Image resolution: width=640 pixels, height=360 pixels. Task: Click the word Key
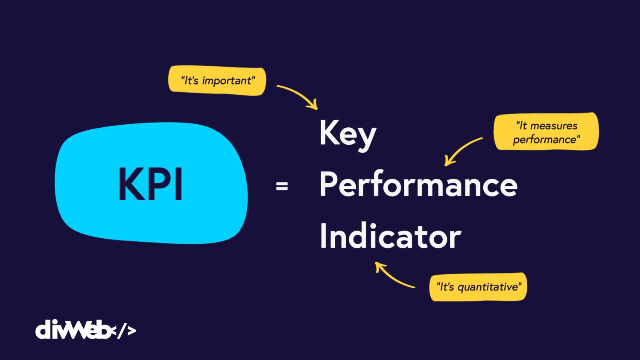pyautogui.click(x=348, y=136)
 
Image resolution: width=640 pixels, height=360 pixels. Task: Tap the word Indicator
pyautogui.click(x=391, y=235)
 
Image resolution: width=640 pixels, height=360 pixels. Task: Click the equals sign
pyautogui.click(x=282, y=186)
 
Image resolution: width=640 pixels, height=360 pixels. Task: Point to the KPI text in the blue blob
pyautogui.click(x=150, y=184)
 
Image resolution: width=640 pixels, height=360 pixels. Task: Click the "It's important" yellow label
pyautogui.click(x=217, y=81)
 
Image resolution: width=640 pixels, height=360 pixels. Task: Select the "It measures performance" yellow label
pyautogui.click(x=546, y=132)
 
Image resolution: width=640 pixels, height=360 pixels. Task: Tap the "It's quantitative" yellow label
pyautogui.click(x=478, y=287)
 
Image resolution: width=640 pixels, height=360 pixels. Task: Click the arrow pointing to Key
pyautogui.click(x=301, y=94)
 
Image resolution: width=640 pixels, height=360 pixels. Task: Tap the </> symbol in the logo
pyautogui.click(x=123, y=331)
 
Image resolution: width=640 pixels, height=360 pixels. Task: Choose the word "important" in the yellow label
pyautogui.click(x=227, y=81)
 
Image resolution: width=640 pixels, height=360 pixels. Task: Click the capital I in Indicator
pyautogui.click(x=323, y=235)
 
